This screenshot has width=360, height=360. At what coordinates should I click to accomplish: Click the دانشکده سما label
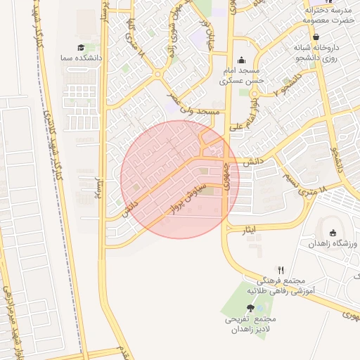coord(83,58)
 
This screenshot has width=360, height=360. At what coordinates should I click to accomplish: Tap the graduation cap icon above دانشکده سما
coord(83,46)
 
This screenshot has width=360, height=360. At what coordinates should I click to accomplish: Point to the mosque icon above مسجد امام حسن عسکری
coord(242,60)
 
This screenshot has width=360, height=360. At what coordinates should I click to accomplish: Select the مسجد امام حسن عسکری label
coord(241,76)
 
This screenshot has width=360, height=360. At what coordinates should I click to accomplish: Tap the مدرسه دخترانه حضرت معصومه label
coord(327,15)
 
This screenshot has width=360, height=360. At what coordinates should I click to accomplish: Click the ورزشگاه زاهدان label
coord(333,243)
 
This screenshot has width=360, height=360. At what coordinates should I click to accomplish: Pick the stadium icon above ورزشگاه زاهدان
coord(333,233)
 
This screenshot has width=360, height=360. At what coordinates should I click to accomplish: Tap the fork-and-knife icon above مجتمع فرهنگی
coord(281,269)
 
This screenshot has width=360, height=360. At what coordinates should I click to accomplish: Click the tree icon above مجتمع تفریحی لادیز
coord(250,308)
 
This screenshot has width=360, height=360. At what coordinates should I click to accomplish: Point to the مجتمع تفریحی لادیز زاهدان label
coord(250,324)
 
